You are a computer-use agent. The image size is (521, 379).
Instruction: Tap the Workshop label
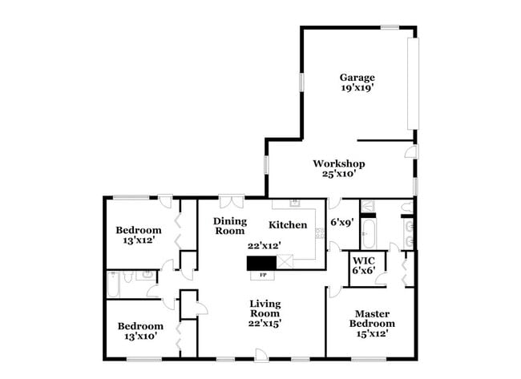pyautogui.click(x=339, y=163)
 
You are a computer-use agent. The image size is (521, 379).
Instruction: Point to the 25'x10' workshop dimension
pyautogui.click(x=339, y=174)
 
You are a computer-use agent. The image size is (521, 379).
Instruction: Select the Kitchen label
pyautogui.click(x=288, y=225)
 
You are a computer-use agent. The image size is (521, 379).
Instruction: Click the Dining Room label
pyautogui.click(x=229, y=225)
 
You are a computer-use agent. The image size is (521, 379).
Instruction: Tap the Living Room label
pyautogui.click(x=265, y=308)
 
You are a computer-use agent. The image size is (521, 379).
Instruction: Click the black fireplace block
pyautogui.click(x=260, y=262)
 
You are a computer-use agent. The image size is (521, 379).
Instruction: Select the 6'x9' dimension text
pyautogui.click(x=342, y=223)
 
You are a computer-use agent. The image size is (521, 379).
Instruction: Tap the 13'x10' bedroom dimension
pyautogui.click(x=140, y=337)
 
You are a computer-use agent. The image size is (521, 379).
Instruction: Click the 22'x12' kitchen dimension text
pyautogui.click(x=265, y=246)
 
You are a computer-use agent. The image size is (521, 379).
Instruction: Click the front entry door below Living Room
pyautogui.click(x=260, y=354)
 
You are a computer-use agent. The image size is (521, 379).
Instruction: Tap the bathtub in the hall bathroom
pyautogui.click(x=117, y=284)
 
